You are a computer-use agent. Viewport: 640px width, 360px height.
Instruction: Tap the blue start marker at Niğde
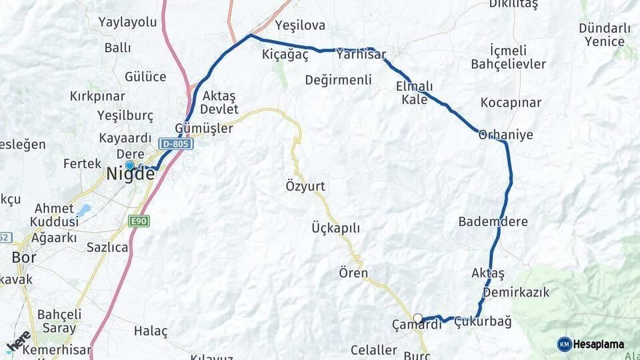pos(129,165)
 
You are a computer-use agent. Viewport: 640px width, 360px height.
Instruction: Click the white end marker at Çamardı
pos(417,317)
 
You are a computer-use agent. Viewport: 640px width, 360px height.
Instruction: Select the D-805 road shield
pos(176,143)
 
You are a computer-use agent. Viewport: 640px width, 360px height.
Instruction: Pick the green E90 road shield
pos(139,221)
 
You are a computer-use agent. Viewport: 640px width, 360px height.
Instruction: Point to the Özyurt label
pos(305,186)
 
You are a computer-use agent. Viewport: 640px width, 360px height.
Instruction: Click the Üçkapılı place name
pos(335,228)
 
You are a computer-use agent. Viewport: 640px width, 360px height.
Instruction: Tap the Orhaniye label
pos(506,135)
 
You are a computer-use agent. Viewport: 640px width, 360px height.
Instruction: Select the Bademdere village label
pos(493,221)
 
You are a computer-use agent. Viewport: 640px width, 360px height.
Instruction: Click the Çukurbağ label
pos(483,322)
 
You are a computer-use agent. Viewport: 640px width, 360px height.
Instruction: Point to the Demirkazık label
pos(516,292)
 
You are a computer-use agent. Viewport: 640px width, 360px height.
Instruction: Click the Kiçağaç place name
pos(285,55)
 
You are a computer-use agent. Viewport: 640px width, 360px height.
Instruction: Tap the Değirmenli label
pos(338,80)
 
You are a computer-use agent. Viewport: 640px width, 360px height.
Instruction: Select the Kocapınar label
pos(511,103)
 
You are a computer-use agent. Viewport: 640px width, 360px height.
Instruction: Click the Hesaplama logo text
pos(598,344)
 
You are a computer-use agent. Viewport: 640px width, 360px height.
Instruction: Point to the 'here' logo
pos(18,342)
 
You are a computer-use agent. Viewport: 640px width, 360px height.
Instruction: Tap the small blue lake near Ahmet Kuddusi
pos(83,211)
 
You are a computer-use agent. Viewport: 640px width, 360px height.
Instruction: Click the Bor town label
pos(24,257)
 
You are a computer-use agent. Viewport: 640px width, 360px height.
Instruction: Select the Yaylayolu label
pos(127,22)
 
